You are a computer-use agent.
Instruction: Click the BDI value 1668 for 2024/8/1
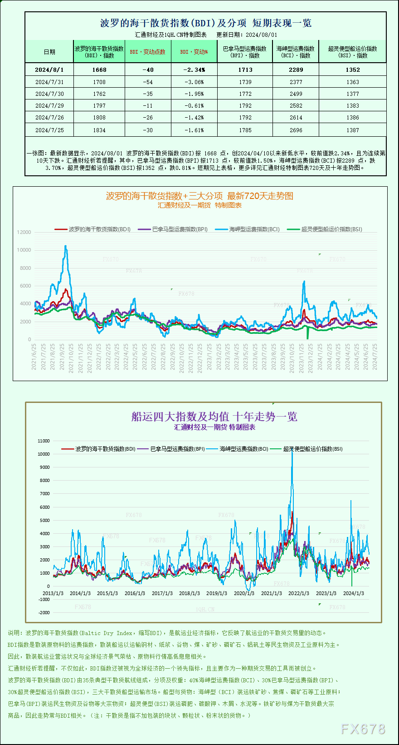pyautogui.click(x=99, y=70)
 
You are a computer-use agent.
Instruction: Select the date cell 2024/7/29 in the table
pyautogui.click(x=49, y=106)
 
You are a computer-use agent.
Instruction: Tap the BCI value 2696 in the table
pyautogui.click(x=296, y=130)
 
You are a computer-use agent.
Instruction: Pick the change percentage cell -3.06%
pyautogui.click(x=194, y=82)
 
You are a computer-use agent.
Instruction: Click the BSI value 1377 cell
pyautogui.click(x=352, y=94)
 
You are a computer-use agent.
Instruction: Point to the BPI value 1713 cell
pyautogui.click(x=245, y=70)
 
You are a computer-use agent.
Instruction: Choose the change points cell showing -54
pyautogui.click(x=148, y=82)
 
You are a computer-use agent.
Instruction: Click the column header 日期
pyautogui.click(x=49, y=52)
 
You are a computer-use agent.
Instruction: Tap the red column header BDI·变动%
pyautogui.click(x=194, y=52)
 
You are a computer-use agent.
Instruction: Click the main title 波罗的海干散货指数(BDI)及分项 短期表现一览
pyautogui.click(x=205, y=23)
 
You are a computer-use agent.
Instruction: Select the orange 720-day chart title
pyautogui.click(x=199, y=196)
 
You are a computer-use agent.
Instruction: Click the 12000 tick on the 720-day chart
pyautogui.click(x=24, y=232)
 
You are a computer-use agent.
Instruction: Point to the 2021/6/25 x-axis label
pyautogui.click(x=34, y=357)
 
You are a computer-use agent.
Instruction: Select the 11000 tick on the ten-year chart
pyautogui.click(x=44, y=441)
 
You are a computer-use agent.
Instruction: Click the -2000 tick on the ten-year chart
pyautogui.click(x=44, y=612)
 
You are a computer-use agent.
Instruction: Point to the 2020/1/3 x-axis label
pyautogui.click(x=244, y=593)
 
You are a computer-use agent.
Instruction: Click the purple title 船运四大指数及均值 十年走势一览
pyautogui.click(x=214, y=417)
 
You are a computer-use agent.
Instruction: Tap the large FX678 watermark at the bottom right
pyautogui.click(x=363, y=729)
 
